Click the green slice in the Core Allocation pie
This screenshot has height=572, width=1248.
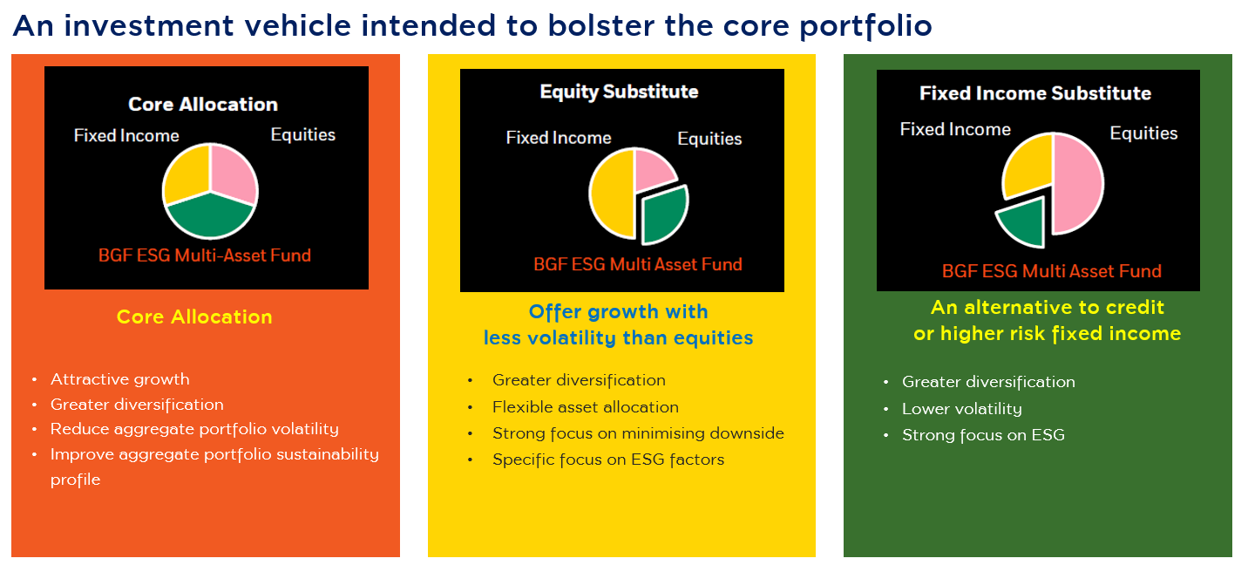click(210, 217)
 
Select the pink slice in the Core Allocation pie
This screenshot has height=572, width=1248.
click(231, 170)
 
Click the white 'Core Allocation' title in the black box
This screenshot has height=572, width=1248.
click(203, 105)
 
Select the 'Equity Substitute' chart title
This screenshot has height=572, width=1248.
click(619, 92)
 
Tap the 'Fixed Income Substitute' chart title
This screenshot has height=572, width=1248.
click(1035, 93)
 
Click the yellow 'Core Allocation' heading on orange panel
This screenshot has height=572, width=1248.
click(194, 317)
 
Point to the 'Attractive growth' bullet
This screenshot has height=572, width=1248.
click(119, 379)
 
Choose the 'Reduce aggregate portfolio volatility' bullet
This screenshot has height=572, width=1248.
click(194, 429)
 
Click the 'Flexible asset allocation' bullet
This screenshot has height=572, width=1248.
click(586, 407)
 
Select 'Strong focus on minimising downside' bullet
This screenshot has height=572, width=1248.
click(638, 433)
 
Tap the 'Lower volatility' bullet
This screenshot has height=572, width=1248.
click(962, 409)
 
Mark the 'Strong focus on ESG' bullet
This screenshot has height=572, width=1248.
click(983, 435)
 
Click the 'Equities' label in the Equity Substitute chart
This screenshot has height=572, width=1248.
click(709, 139)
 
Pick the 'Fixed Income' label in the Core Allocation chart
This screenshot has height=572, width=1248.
click(126, 135)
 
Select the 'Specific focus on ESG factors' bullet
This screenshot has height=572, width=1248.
click(608, 460)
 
